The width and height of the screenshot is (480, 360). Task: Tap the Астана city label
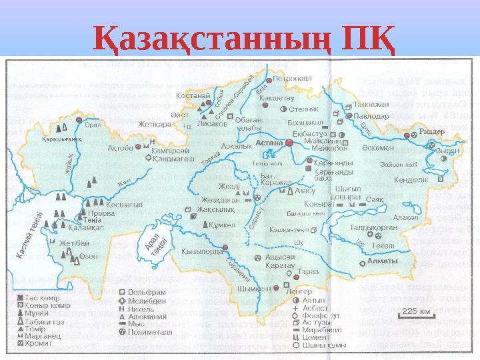click(269, 143)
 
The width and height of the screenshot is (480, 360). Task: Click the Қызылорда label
click(197, 252)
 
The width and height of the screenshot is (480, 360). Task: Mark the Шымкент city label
click(254, 289)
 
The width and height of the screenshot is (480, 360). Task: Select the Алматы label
click(383, 261)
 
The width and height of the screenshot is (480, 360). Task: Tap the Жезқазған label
click(219, 198)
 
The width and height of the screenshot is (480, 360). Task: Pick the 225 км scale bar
click(415, 311)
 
